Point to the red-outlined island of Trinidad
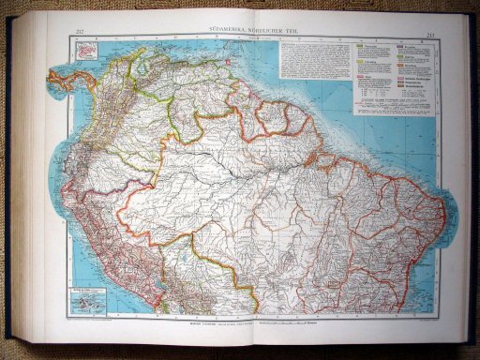point(229,68)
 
